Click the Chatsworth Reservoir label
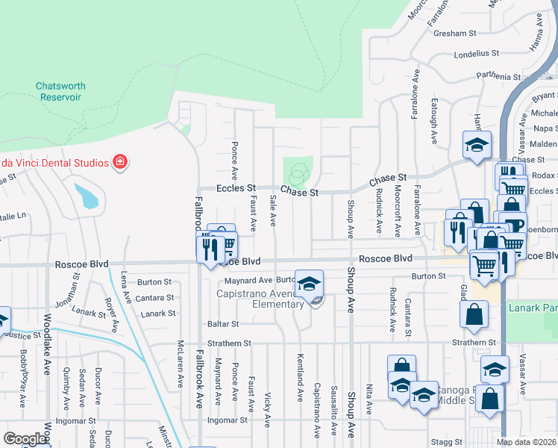point(60,92)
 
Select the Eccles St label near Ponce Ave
point(236,188)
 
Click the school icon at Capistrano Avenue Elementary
point(310,284)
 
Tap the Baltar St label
point(223,324)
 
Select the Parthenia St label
point(496,76)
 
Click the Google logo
point(25,439)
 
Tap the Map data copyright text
point(526,442)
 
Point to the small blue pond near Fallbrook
point(86,196)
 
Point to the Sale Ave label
point(273,211)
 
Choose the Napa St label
point(545,128)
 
